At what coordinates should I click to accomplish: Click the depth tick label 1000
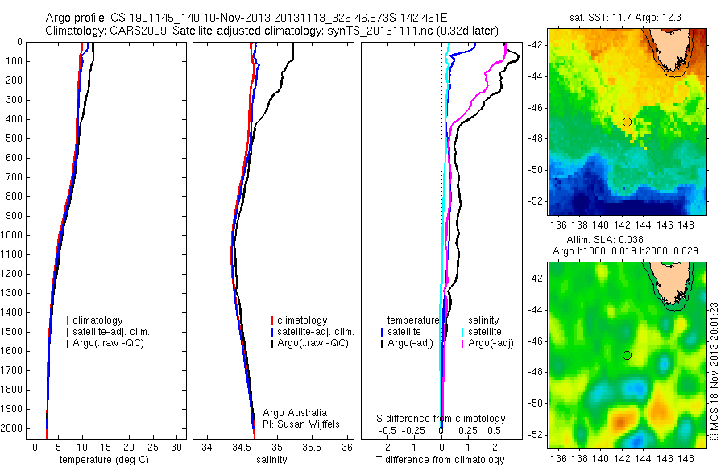point(12,235)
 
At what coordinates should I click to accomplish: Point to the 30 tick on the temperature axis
point(177,445)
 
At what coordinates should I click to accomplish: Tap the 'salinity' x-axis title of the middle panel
point(271,460)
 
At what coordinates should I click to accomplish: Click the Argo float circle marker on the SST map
point(627,122)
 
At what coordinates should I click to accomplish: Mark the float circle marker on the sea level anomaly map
point(627,355)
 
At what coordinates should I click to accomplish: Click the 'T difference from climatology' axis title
point(441,460)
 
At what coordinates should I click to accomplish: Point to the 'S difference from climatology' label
point(441,419)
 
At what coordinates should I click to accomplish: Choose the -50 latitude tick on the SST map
point(538,170)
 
